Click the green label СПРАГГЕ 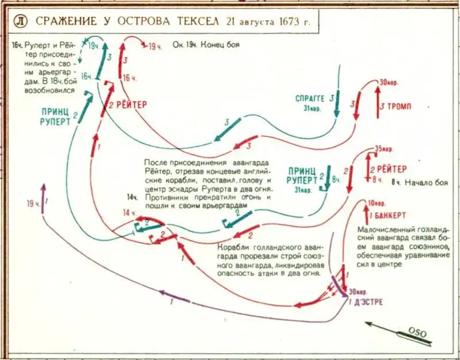[x=309, y=97]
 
